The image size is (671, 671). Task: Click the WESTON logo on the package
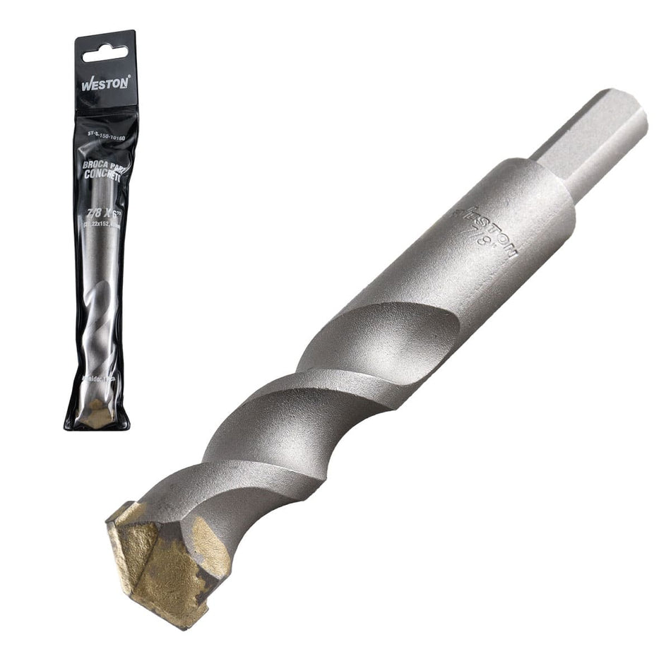(105, 83)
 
